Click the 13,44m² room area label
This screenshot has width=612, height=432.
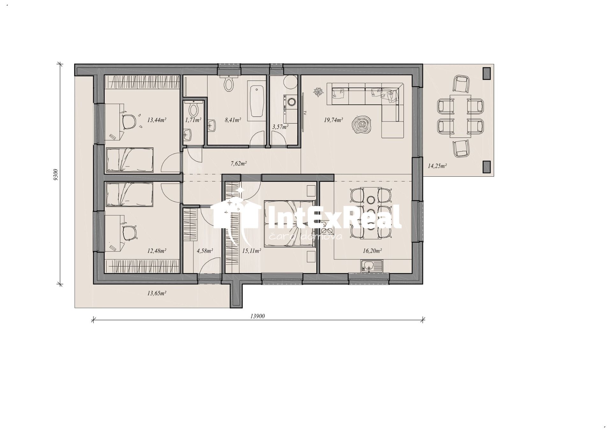point(157,120)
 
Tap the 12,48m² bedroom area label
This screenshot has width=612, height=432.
point(157,251)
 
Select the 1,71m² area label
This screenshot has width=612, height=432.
point(193,120)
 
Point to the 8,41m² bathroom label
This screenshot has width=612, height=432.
point(233,120)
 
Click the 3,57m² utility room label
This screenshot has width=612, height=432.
point(280,127)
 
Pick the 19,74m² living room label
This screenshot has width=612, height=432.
point(333,120)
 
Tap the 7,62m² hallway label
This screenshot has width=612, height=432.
point(239,164)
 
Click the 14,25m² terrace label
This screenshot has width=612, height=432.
point(437,166)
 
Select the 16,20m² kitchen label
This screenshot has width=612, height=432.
point(372,251)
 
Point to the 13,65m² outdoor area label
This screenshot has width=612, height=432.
point(157,293)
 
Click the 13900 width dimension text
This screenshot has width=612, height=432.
point(258,316)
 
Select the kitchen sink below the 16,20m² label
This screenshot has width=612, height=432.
point(372,266)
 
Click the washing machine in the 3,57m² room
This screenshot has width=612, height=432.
point(291,102)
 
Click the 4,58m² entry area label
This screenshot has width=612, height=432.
point(205,251)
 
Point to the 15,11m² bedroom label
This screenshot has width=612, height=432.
point(251,251)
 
